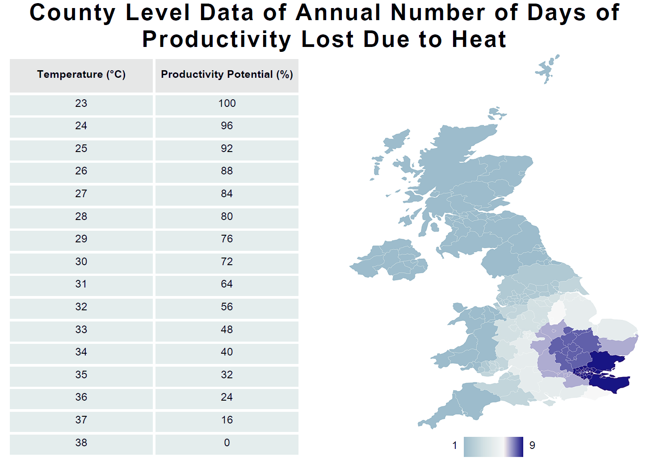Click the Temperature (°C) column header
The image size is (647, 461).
(x=81, y=74)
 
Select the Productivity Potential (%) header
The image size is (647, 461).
(x=227, y=74)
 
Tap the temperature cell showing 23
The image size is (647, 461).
(x=81, y=103)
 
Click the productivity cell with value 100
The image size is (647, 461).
(x=227, y=103)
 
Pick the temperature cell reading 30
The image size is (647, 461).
(x=81, y=262)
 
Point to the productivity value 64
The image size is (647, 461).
(x=227, y=284)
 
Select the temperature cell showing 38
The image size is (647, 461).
(x=81, y=443)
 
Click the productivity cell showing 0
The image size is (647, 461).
(x=227, y=443)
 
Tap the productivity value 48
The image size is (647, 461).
(x=227, y=330)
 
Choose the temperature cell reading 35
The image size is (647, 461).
(x=81, y=375)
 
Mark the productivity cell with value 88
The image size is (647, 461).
(x=227, y=171)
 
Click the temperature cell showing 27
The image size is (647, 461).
(x=81, y=194)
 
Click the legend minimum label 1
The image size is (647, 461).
(x=455, y=445)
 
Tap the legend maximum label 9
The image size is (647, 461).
(x=532, y=445)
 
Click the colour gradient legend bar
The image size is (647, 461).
(x=493, y=447)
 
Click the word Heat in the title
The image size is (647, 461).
(x=479, y=39)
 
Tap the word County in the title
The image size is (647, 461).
(x=72, y=13)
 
